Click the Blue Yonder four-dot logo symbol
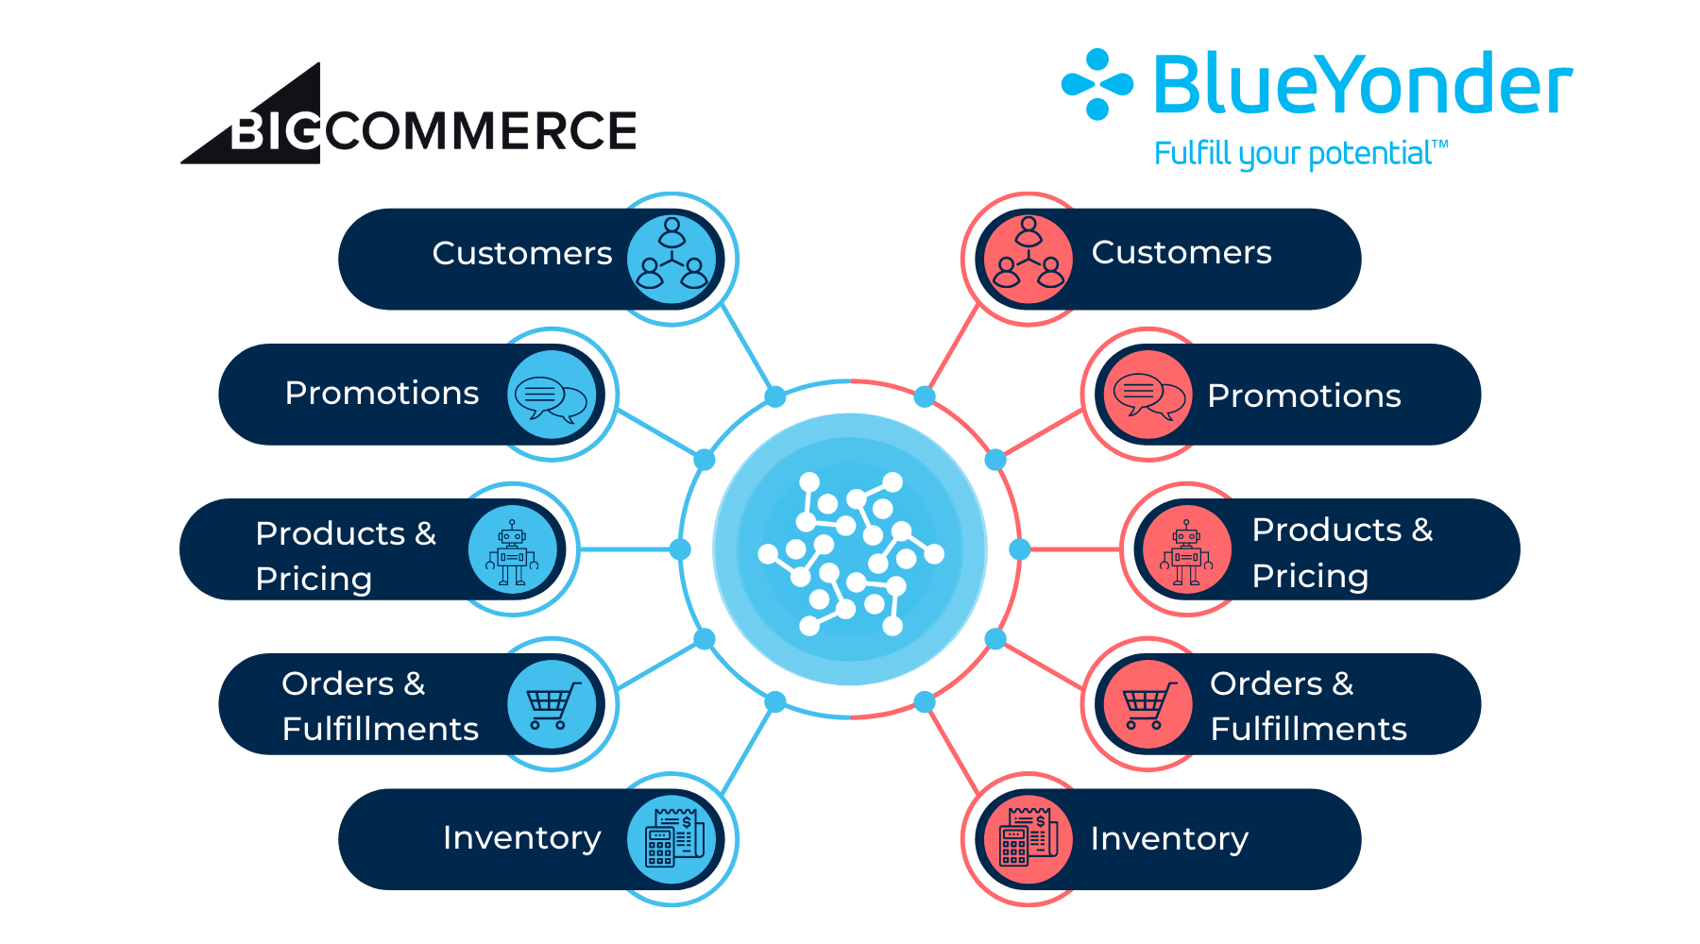pyautogui.click(x=1096, y=85)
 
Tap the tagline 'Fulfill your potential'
pyautogui.click(x=1300, y=154)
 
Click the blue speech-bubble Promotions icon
pyautogui.click(x=552, y=395)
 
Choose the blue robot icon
pyautogui.click(x=513, y=549)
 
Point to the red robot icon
pyautogui.click(x=1187, y=549)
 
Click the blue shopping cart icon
pyautogui.click(x=552, y=704)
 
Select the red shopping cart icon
pyautogui.click(x=1147, y=704)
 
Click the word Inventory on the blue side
pyautogui.click(x=521, y=838)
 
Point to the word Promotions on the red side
pyautogui.click(x=1303, y=396)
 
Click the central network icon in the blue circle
pyautogui.click(x=850, y=549)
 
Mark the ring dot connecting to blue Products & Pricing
pyautogui.click(x=680, y=549)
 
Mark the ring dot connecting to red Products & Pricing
pyautogui.click(x=1020, y=549)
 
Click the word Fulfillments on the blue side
pyautogui.click(x=380, y=729)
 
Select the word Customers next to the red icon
pyautogui.click(x=1181, y=253)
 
